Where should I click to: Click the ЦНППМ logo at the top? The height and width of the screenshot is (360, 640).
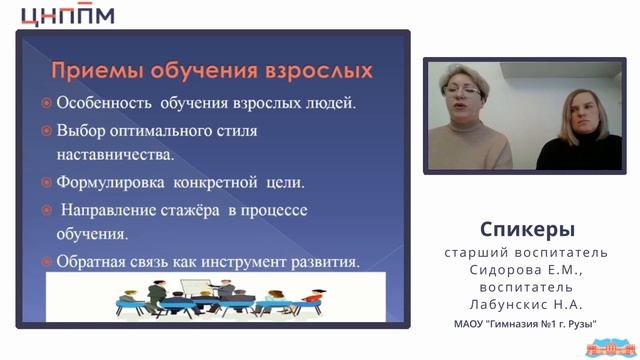coord(67,15)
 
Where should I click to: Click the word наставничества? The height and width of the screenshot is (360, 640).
coord(115,155)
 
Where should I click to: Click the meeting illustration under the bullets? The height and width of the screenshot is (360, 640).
coord(201,300)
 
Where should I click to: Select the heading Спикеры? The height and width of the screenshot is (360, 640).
coord(527,228)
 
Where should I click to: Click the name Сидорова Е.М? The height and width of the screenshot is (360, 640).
coord(527,270)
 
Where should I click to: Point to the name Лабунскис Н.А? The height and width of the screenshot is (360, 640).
coord(527,303)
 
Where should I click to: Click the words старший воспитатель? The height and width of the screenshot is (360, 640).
coord(527,253)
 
